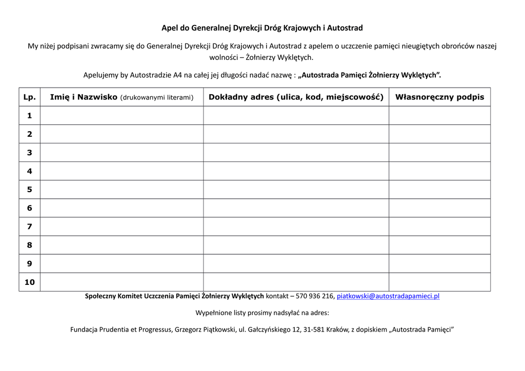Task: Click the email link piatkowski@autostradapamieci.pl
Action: coord(388,296)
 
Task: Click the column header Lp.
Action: coord(30,97)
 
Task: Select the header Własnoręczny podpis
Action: coord(439,97)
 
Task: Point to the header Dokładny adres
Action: coord(296,97)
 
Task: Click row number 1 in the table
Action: coord(30,116)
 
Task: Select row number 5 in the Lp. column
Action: coord(30,190)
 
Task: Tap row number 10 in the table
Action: coord(30,282)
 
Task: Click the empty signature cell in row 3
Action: coord(439,153)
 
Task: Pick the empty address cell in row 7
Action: coord(296,226)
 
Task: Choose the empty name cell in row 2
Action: coord(122,134)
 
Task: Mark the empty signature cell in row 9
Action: coord(439,264)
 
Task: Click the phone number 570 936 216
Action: coord(315,296)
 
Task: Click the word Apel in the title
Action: coord(170,28)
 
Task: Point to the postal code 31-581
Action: coord(314,329)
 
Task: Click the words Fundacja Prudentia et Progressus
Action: coord(121,329)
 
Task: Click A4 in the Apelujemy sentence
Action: coord(177,75)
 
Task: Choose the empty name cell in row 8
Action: coord(122,245)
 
